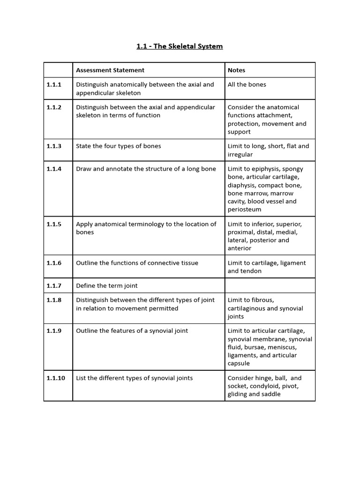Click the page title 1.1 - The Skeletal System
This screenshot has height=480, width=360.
tap(180, 46)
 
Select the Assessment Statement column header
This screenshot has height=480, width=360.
tap(110, 70)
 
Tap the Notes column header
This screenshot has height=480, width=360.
tap(236, 70)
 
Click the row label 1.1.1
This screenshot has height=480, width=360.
tap(54, 85)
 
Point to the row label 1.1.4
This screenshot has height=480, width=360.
tap(54, 169)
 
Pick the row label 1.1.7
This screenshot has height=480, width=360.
tap(54, 285)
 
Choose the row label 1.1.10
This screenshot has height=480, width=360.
tap(56, 378)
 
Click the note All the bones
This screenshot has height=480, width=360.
tap(247, 85)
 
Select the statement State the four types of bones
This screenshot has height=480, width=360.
tap(118, 146)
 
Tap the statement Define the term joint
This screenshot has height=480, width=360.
tap(107, 285)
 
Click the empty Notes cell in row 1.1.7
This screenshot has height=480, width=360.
tap(270, 285)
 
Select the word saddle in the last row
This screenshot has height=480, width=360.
tap(270, 394)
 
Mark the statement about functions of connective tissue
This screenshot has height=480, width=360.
tap(137, 263)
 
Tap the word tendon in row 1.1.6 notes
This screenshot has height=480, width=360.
tap(251, 271)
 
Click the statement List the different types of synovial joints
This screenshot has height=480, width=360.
tap(134, 378)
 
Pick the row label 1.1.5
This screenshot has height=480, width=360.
tap(54, 224)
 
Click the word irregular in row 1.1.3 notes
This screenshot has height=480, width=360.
tap(240, 154)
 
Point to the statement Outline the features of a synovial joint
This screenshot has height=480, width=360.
tap(132, 331)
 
